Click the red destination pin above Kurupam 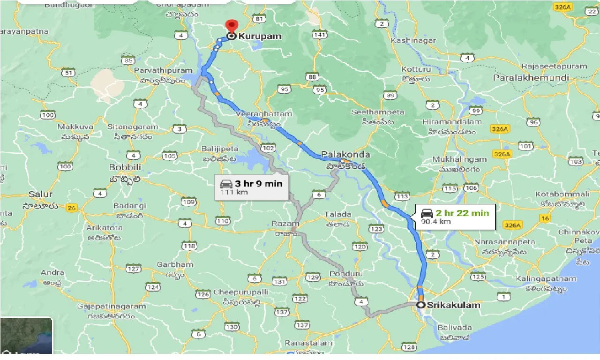(231, 25)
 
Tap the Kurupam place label (260, 36)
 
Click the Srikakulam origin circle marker (421, 305)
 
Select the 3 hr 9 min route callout (252, 187)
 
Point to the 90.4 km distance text (435, 221)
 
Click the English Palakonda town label (345, 154)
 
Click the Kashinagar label (413, 40)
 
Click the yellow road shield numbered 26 (71, 209)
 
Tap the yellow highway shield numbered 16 (545, 218)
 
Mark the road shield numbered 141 (320, 35)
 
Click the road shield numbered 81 (258, 19)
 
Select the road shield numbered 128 (409, 347)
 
